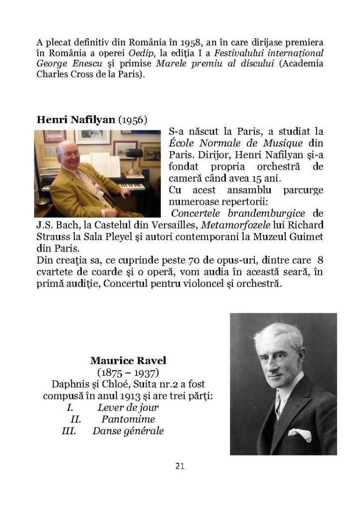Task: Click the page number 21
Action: (180, 467)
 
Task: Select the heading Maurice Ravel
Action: (128, 360)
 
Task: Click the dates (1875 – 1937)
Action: (128, 373)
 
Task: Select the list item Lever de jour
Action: (128, 408)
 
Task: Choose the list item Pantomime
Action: (128, 419)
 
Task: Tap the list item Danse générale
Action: (128, 431)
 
